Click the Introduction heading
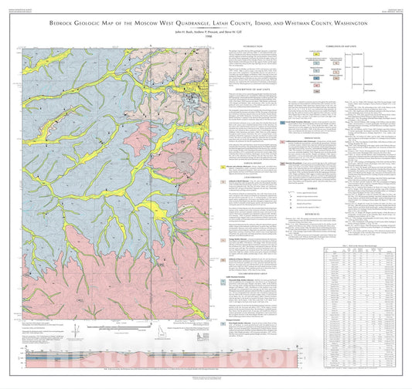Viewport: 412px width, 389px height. tap(249, 46)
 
